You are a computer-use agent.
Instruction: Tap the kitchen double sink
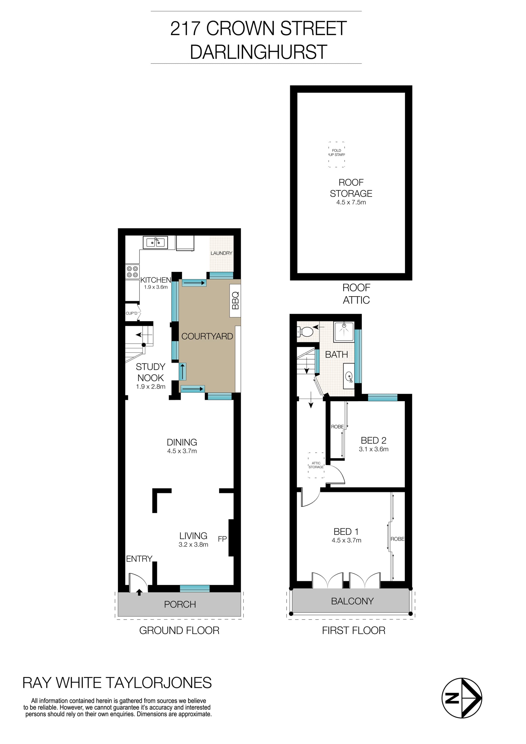click(x=155, y=243)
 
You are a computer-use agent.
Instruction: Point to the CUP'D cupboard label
click(x=131, y=313)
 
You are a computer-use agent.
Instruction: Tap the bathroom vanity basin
click(x=349, y=377)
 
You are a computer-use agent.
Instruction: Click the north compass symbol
click(x=462, y=698)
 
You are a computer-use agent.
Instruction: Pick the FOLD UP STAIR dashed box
click(x=336, y=154)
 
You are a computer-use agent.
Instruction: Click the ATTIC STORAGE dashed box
click(x=316, y=465)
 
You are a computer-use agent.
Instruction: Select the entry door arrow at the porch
click(x=139, y=592)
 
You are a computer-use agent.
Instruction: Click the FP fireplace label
click(x=222, y=539)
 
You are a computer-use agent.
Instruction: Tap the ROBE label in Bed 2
click(x=337, y=427)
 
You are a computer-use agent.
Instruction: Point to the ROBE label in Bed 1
click(x=398, y=539)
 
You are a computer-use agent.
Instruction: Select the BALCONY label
click(x=352, y=601)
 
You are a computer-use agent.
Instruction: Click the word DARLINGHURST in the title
click(x=258, y=52)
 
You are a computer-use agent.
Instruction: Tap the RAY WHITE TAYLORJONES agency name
click(x=117, y=683)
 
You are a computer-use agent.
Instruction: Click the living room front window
click(x=195, y=588)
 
